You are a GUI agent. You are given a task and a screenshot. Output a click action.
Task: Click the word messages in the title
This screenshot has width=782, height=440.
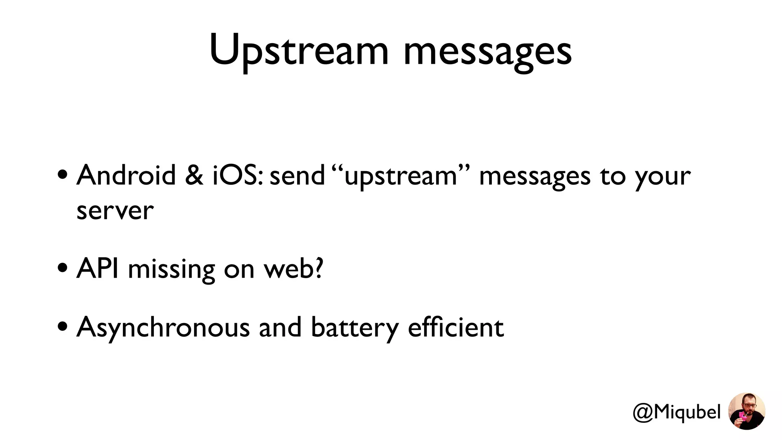(488, 52)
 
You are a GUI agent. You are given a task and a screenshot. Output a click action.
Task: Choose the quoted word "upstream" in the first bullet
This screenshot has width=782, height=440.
(401, 176)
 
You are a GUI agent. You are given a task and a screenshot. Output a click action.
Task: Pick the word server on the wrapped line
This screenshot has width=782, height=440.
(115, 211)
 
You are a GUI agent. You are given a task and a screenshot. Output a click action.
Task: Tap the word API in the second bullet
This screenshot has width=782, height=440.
(97, 269)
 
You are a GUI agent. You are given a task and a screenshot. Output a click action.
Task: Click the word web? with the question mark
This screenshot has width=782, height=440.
(294, 269)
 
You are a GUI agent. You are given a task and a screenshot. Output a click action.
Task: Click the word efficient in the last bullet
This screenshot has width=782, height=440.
(456, 327)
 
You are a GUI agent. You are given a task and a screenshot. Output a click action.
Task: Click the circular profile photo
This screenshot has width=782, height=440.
(746, 411)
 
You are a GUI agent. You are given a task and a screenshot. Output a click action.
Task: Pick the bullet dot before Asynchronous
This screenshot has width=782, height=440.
(63, 327)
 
